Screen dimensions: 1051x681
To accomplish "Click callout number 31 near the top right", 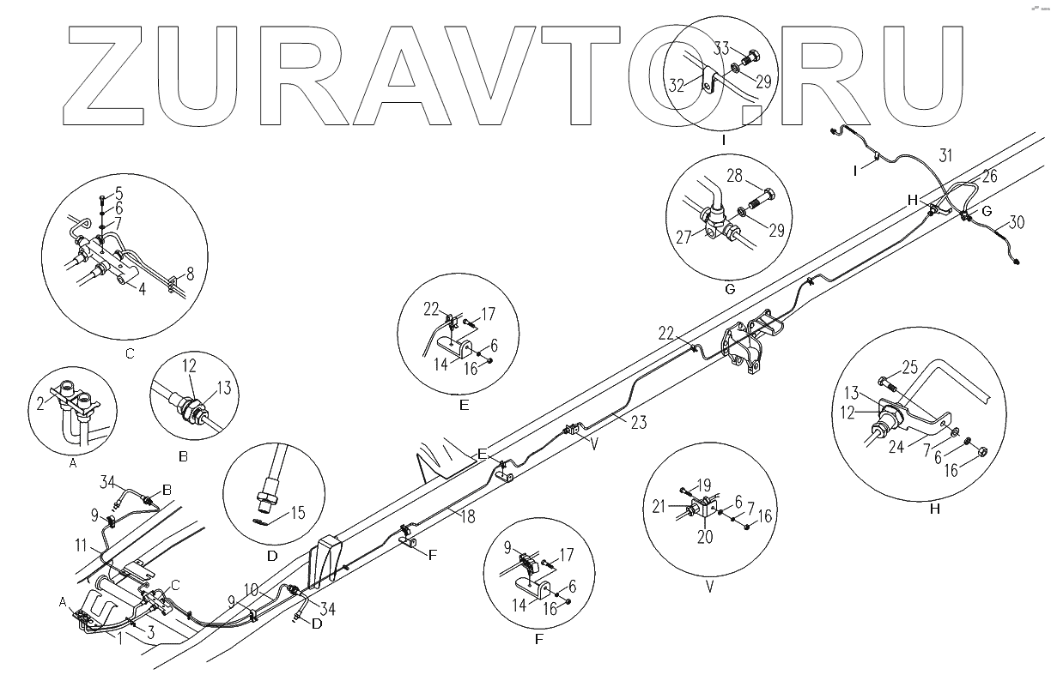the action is click(x=945, y=155).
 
